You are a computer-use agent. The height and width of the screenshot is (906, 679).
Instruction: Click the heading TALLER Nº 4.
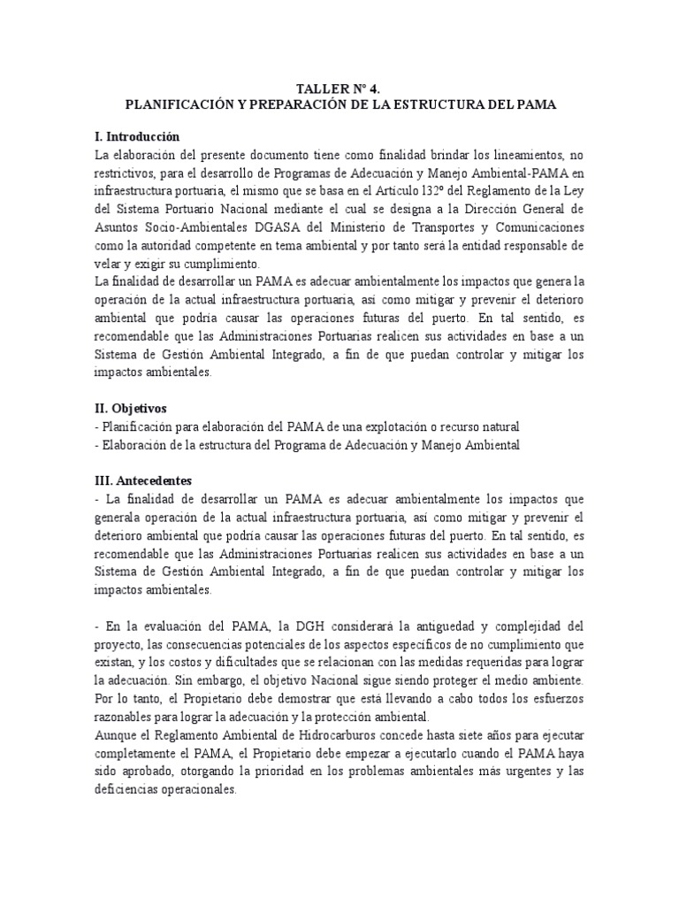(339, 88)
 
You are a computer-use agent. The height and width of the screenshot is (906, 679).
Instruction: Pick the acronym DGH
(289, 626)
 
